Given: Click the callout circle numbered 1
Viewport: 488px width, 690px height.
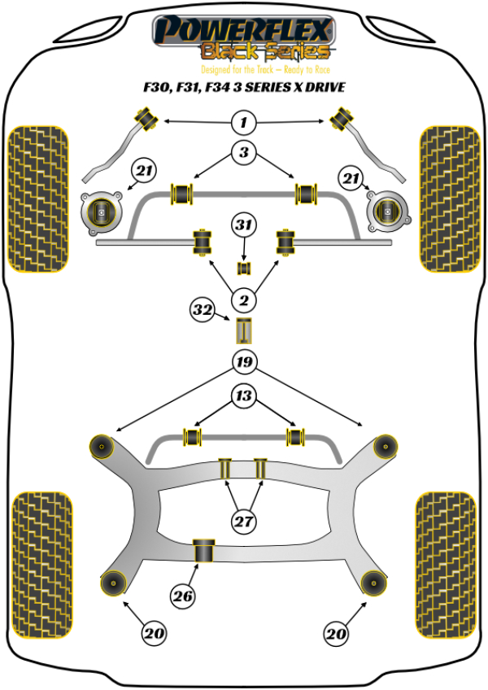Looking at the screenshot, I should point(243,123).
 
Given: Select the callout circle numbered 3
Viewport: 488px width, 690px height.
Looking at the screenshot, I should point(243,152).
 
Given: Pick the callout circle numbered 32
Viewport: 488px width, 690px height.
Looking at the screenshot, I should point(203,310).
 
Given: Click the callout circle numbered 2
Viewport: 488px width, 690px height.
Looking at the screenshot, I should point(243,301).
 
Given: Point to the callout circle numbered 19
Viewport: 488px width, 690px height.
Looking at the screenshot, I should point(243,361).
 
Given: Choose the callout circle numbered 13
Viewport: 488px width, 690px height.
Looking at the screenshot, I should point(243,396).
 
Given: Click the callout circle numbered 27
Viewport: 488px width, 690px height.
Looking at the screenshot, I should point(243,522).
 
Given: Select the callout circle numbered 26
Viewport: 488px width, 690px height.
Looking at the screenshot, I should point(183,596).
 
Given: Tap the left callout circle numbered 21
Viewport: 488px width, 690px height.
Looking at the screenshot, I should point(144,172).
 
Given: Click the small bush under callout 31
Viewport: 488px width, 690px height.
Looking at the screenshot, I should point(242,268).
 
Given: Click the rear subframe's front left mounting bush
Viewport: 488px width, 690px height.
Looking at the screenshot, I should point(103,445).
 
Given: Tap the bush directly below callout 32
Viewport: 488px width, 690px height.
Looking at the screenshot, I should point(243,332).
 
